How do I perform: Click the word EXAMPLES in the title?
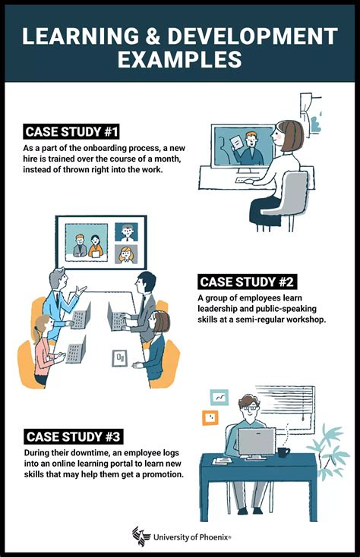click(x=180, y=59)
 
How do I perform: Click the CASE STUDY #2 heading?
click(x=247, y=282)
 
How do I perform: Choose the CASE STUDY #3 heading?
click(x=72, y=436)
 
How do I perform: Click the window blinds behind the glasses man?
click(x=287, y=410)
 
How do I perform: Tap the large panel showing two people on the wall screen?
click(x=86, y=242)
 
